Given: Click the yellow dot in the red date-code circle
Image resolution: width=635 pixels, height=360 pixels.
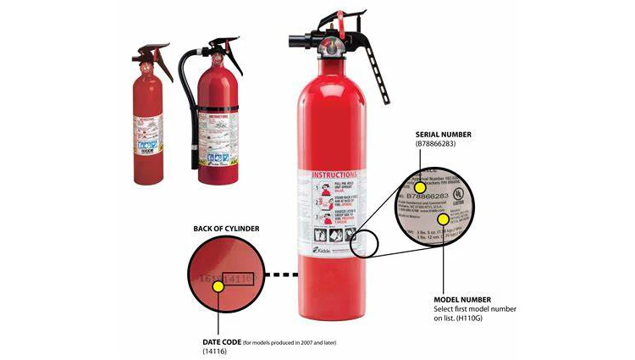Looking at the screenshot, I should click(218, 286).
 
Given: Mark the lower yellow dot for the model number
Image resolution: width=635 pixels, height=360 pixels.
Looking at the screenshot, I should click(443, 219).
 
